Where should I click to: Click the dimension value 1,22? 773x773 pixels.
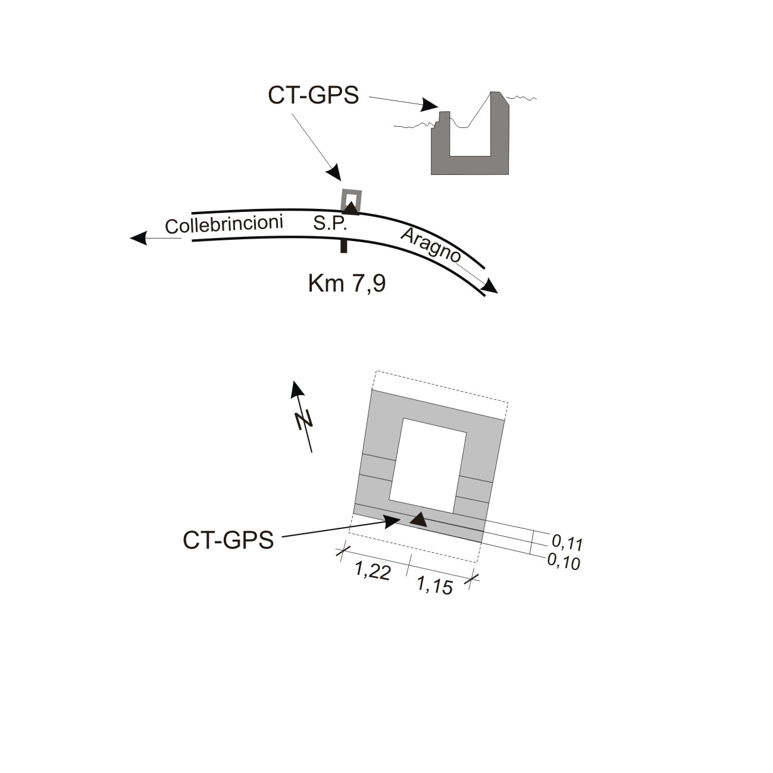pos(373,571)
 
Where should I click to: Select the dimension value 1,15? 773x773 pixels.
pos(435,586)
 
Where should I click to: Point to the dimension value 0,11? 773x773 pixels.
pos(567,543)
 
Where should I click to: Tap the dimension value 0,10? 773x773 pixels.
pos(564,562)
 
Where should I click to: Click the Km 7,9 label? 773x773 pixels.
pos(347,283)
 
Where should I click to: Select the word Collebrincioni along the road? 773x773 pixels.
pos(224,224)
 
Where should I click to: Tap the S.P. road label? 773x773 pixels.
pos(330,224)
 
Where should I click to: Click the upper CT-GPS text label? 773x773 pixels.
pos(313,95)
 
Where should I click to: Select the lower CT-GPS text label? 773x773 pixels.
pos(229,540)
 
